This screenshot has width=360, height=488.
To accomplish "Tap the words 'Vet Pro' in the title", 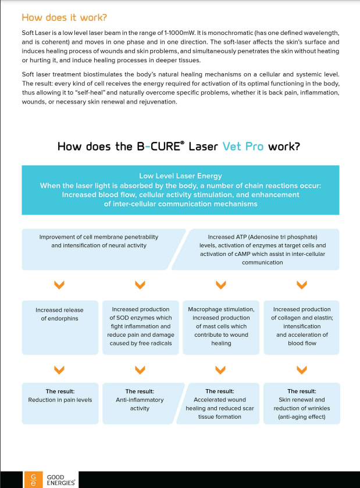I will click(x=243, y=147).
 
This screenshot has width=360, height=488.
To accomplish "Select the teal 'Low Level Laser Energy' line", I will click(x=180, y=176).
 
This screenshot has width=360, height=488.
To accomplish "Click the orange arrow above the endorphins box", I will click(x=59, y=284).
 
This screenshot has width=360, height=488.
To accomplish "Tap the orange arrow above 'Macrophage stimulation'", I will click(x=220, y=284).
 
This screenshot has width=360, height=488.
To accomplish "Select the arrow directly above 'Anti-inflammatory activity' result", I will click(x=140, y=369).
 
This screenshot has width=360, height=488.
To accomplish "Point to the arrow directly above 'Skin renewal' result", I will click(x=301, y=369).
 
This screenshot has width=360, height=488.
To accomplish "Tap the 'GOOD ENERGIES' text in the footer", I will click(x=55, y=480).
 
